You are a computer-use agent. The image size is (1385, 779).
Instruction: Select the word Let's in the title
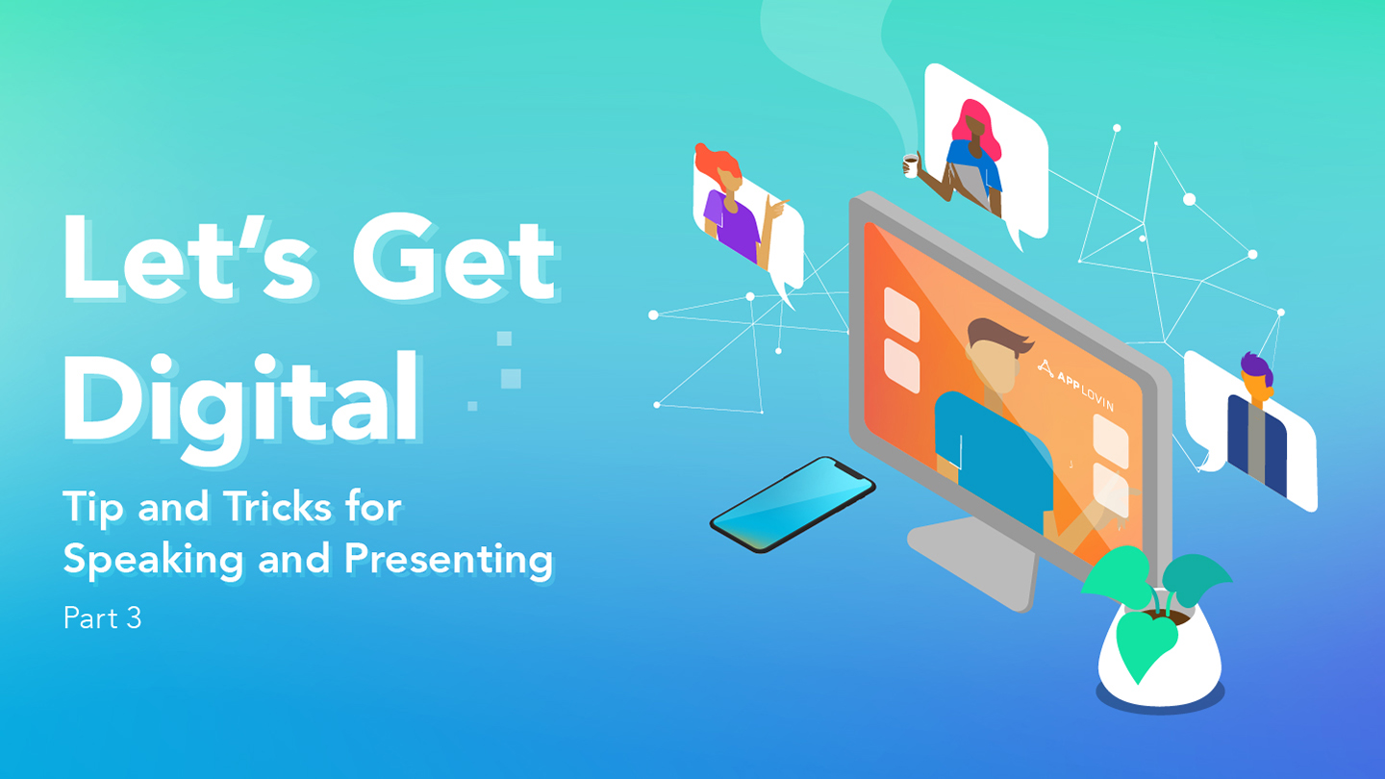point(188,257)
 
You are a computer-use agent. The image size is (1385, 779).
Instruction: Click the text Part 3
point(102,617)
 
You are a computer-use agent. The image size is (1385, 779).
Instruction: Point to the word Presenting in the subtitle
point(448,560)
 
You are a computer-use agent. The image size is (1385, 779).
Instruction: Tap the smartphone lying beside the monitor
point(793,504)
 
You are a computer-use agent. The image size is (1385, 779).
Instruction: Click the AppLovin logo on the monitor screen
point(1076,385)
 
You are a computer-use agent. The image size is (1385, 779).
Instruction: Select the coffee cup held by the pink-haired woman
point(910,165)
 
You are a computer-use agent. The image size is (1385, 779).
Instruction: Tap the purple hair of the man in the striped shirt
point(1256,367)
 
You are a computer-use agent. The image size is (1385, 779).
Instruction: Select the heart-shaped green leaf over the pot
point(1146,643)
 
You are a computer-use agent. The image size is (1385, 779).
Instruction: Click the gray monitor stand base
point(970,563)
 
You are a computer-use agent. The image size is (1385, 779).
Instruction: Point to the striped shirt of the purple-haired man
point(1256,446)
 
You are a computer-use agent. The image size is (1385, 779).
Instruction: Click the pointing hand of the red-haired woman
point(775,206)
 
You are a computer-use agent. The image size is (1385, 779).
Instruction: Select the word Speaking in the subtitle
point(153,560)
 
